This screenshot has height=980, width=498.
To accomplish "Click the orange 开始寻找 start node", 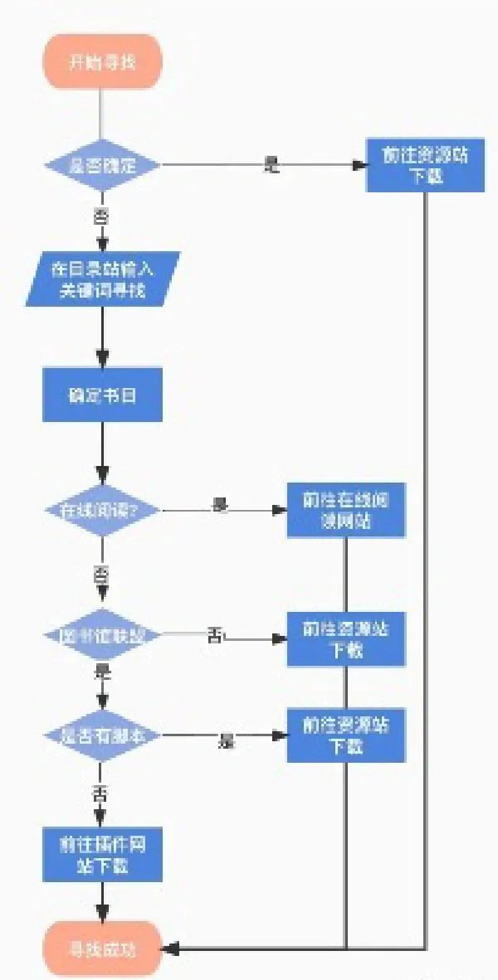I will [x=102, y=61].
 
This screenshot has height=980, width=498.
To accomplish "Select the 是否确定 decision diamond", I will [x=102, y=165].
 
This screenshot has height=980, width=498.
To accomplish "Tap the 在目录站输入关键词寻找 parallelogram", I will [x=102, y=279].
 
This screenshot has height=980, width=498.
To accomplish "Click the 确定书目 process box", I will [x=102, y=395].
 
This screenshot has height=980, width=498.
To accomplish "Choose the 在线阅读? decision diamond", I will [x=102, y=509].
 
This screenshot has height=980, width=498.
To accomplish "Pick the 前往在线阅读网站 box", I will [x=346, y=509].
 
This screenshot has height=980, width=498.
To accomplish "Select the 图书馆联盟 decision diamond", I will [x=102, y=637].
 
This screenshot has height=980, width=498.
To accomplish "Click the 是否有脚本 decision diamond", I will [x=102, y=735].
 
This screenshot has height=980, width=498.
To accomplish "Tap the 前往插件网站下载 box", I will [x=102, y=855].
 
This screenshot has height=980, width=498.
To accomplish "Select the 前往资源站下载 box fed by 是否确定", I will [x=425, y=165].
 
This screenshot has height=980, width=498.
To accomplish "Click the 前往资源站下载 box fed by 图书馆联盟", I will [x=346, y=638].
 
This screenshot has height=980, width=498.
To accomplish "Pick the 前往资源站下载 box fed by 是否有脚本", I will [x=346, y=735].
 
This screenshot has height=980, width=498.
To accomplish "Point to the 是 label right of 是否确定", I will [x=271, y=164].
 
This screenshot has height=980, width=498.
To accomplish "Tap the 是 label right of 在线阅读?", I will [x=220, y=505].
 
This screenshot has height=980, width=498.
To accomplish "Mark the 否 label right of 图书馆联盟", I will [x=215, y=636].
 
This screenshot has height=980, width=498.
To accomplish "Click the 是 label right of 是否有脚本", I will [x=227, y=740].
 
